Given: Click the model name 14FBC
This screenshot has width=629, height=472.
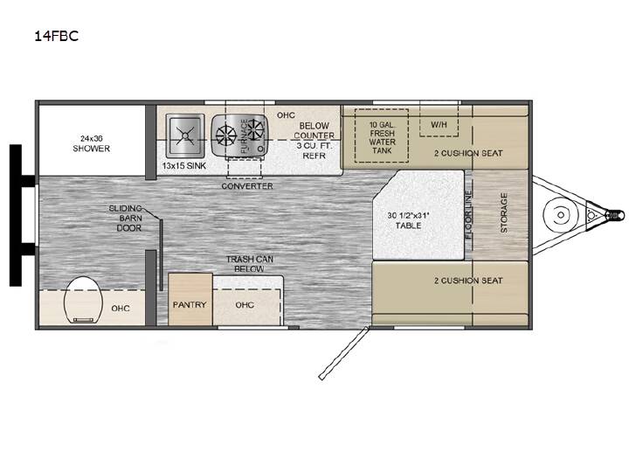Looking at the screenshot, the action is tap(56, 36).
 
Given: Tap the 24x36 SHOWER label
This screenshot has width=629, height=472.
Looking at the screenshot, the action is tap(92, 143).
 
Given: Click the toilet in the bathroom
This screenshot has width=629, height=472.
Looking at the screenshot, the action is tap(84, 300).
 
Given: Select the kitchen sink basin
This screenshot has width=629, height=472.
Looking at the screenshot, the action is tap(185, 135).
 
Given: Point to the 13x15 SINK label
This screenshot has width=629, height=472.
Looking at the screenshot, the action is tap(184, 165).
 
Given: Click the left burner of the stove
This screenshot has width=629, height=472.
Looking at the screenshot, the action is tap(226, 135).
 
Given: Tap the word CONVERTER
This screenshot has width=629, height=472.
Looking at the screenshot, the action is tap(247, 186).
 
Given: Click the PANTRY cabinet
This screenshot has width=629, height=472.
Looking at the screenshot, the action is tap(190, 300).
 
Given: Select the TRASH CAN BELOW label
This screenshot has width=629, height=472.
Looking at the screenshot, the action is tap(250, 264).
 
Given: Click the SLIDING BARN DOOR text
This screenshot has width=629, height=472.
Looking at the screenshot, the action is tap(126, 218).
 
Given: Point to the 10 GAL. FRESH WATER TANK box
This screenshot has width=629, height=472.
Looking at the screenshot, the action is tap(382, 135).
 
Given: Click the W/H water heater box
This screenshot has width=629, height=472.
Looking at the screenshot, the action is tap(439, 119).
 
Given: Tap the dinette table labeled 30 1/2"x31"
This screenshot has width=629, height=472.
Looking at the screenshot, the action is tap(418, 215).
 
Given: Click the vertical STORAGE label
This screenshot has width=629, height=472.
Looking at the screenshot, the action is tap(504, 212).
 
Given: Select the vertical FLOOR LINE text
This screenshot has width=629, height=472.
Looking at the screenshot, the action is tap(468, 215).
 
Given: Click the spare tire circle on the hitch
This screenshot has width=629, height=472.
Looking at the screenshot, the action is tap(561, 215).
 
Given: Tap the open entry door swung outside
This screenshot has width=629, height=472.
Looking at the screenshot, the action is tap(343, 353).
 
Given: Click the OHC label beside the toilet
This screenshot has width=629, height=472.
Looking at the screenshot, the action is tap(121, 309).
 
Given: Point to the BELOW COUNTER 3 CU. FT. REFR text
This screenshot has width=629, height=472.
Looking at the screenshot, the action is tap(314, 141).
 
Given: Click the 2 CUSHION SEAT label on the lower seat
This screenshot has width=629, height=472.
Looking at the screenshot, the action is tap(468, 281).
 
